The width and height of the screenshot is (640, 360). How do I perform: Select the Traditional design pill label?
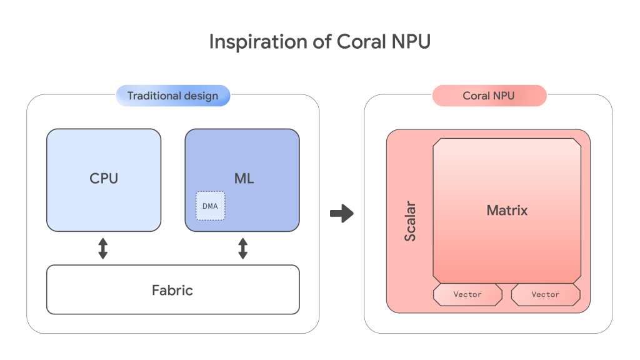[172, 96]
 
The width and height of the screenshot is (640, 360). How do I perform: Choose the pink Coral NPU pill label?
[489, 96]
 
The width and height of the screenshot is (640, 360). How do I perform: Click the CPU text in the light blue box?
[104, 178]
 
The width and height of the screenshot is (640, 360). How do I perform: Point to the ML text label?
[244, 178]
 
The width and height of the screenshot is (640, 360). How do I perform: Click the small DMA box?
[210, 206]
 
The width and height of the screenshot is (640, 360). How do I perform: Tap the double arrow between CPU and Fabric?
[103, 248]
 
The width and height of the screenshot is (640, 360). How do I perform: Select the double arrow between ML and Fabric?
[243, 248]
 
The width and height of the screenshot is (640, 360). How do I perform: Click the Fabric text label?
[172, 290]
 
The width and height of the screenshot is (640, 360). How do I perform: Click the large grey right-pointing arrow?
[341, 214]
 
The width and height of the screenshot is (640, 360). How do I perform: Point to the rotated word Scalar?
[411, 221]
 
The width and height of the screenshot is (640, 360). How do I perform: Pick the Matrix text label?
[507, 211]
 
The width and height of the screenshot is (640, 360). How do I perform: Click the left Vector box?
[467, 294]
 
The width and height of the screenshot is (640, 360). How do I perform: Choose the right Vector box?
[546, 294]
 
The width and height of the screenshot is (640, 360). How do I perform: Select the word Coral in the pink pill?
[476, 96]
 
